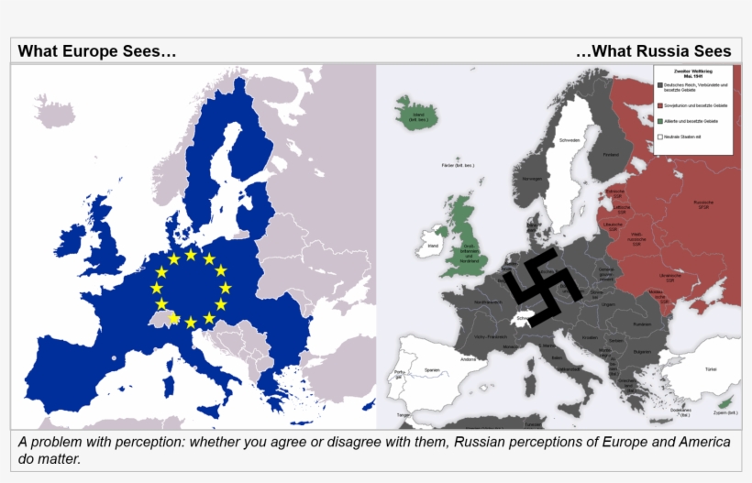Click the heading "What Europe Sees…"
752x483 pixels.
point(97,51)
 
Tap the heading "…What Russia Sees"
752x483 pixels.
point(653,51)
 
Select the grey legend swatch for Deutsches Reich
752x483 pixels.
point(658,86)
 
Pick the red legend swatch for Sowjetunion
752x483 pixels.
point(658,105)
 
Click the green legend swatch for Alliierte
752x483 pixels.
point(658,121)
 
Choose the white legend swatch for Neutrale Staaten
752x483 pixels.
point(658,137)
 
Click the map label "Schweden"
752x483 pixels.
point(570,140)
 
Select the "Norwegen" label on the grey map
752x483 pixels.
point(533,179)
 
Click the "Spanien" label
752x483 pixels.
point(433,369)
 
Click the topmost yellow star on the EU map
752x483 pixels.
point(191,254)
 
